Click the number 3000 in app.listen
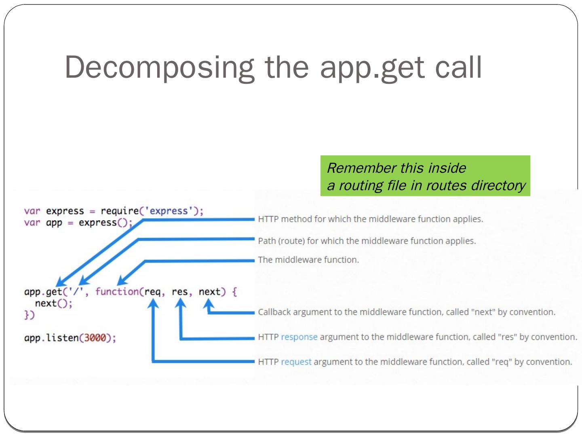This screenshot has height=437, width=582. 95,337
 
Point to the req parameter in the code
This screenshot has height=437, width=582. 152,291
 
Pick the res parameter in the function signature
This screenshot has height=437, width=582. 179,291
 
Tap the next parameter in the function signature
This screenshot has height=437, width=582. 209,291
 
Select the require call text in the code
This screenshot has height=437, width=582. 119,211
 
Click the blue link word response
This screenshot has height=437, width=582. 299,337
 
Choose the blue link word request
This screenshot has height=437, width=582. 296,362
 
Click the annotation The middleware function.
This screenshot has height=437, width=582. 308,260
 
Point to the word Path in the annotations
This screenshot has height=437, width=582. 267,241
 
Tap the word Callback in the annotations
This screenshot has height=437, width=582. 274,312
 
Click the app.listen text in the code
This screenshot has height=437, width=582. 51,337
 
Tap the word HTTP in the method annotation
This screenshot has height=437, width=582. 268,219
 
